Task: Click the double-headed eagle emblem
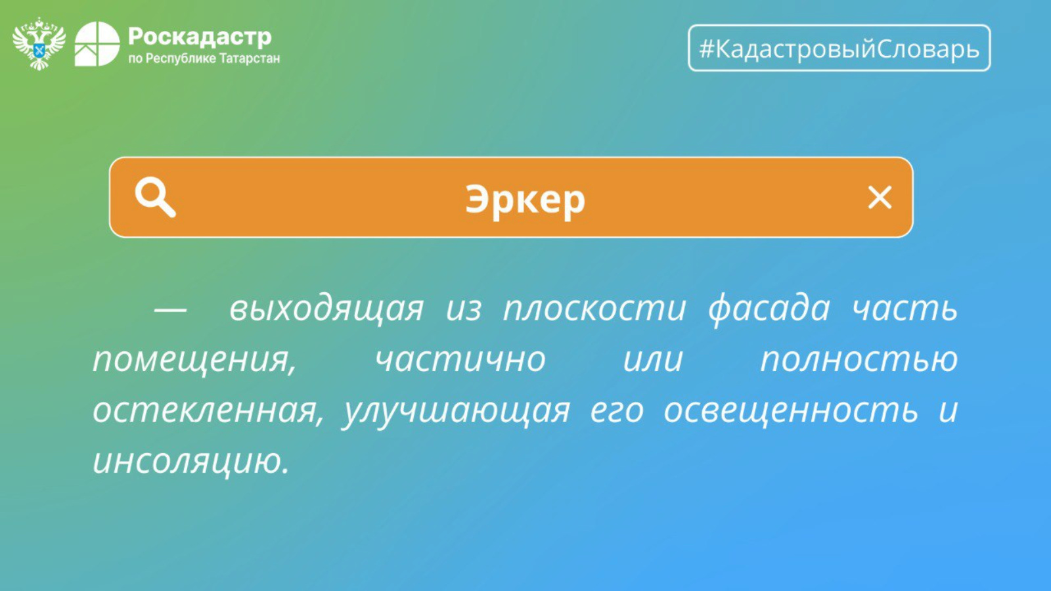coord(39,43)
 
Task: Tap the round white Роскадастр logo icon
coord(97,44)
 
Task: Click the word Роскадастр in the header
coord(200,37)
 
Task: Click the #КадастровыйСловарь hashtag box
coord(839,48)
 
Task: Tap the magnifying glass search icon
coord(155,197)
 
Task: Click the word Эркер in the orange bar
coord(525,200)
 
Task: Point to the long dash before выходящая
coord(170,309)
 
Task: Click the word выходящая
coord(326,309)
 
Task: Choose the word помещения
coord(194,361)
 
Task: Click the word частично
coord(460,360)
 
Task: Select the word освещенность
coord(791,410)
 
